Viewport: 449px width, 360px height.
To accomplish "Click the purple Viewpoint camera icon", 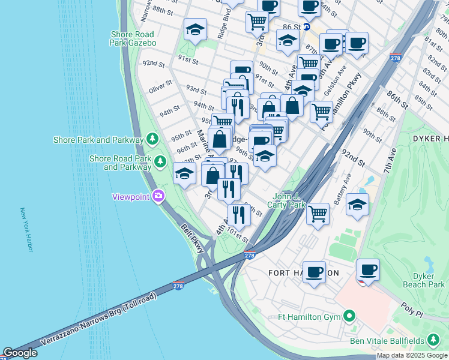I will [158, 196].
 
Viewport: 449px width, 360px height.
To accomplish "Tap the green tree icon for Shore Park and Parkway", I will [152, 139].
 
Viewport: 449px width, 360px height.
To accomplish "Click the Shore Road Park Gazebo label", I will [133, 38].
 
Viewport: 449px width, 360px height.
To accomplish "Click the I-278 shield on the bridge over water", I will [178, 285].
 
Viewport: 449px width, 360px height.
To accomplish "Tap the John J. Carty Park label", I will [289, 200].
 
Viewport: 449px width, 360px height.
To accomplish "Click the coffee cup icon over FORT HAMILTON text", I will [314, 271].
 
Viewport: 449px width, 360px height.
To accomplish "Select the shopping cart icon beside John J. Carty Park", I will [318, 212].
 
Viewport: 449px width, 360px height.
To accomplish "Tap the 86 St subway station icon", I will [306, 26].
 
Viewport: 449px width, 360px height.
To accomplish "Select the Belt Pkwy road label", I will [193, 238].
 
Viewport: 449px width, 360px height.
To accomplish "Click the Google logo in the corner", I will [19, 353].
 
